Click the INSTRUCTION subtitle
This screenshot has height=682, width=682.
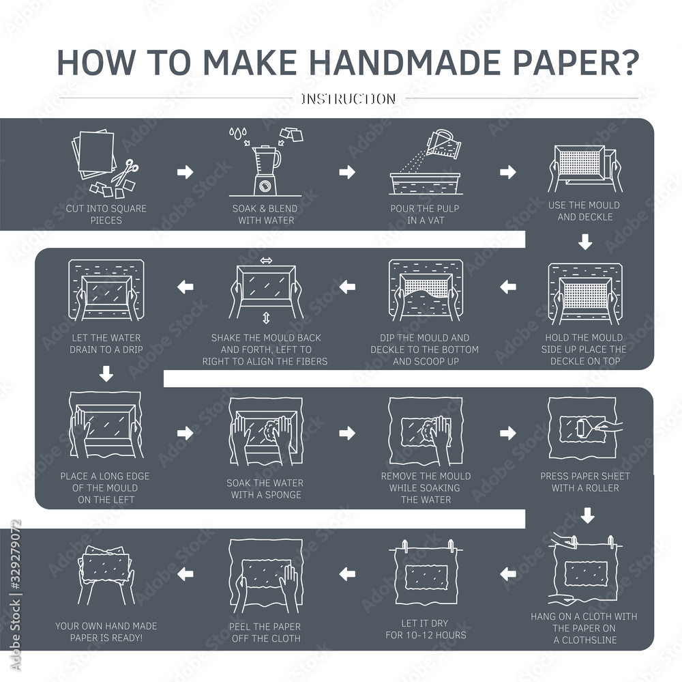point(348,99)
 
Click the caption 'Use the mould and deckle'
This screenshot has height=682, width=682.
point(584,211)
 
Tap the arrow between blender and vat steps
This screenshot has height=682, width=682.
point(347,172)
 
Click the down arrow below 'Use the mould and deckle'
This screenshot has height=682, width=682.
point(585,242)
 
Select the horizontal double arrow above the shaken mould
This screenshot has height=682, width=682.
point(266,261)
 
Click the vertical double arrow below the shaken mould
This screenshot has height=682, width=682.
point(266,318)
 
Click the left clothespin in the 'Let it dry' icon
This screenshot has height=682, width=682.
point(404,546)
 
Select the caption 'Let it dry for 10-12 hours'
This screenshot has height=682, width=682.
point(425,629)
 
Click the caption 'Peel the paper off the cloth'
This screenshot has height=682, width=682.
point(266,632)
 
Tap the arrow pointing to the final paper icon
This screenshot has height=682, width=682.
point(185,575)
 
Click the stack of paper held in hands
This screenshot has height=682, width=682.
point(106,563)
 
